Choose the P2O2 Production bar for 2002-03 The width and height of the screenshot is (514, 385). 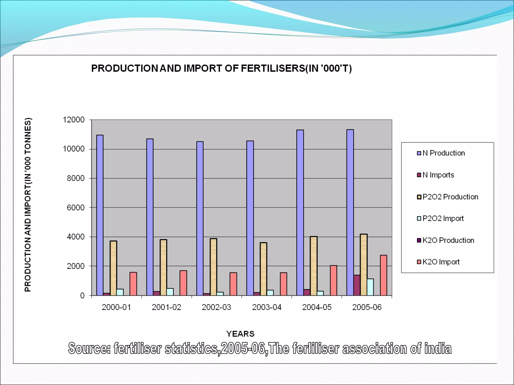point(214,267)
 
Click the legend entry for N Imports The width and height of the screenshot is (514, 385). point(438,175)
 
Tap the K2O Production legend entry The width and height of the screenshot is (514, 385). point(448,240)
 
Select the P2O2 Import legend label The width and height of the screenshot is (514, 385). point(443,219)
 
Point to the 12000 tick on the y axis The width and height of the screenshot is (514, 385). point(74,120)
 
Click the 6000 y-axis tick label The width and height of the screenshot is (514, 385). point(76,208)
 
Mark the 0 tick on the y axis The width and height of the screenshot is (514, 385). point(82,296)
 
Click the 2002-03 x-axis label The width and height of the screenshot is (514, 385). point(216,307)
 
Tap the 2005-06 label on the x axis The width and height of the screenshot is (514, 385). point(367,307)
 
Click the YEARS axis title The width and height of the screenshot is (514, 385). point(240,334)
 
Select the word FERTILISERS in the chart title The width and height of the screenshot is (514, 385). point(273,68)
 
